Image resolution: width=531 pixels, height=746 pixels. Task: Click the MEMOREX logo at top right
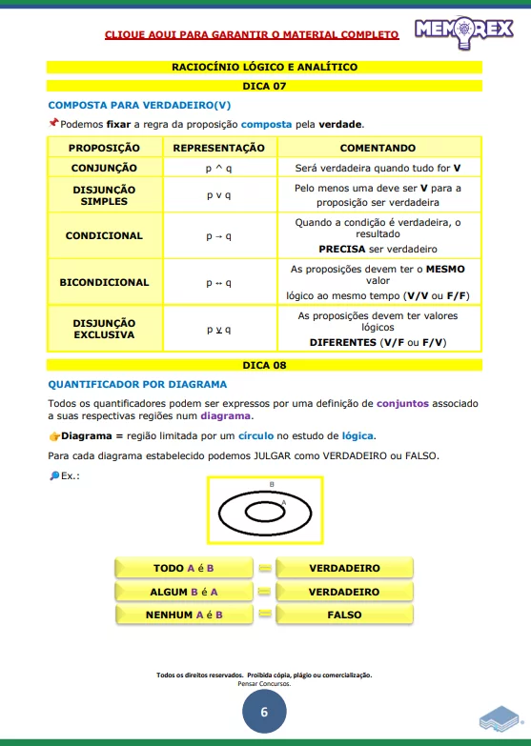click(x=463, y=31)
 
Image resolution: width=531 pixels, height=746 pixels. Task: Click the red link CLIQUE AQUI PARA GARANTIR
click(x=252, y=35)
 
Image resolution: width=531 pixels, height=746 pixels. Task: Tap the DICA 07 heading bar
click(x=264, y=86)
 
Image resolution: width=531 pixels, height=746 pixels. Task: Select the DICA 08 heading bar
click(x=264, y=365)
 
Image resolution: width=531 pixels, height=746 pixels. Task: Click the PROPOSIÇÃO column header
click(x=104, y=148)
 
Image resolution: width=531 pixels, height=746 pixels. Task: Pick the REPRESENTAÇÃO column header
click(x=218, y=148)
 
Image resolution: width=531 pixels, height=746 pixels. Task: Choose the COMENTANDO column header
click(x=378, y=148)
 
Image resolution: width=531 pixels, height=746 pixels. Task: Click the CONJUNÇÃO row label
click(x=104, y=168)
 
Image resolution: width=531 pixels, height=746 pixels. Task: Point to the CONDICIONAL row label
click(x=104, y=235)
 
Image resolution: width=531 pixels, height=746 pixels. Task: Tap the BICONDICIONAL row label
click(x=104, y=282)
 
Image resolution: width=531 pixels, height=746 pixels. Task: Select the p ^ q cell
click(x=218, y=168)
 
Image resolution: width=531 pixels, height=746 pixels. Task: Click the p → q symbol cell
click(x=218, y=235)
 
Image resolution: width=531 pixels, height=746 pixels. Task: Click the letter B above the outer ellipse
click(x=272, y=484)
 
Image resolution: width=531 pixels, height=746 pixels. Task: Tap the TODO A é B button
click(x=183, y=569)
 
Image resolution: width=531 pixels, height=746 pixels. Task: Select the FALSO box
click(x=344, y=615)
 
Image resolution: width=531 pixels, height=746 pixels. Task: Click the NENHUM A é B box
click(x=183, y=615)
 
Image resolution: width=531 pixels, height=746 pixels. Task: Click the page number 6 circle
click(x=264, y=712)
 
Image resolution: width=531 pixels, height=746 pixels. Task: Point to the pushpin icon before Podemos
click(x=53, y=124)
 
